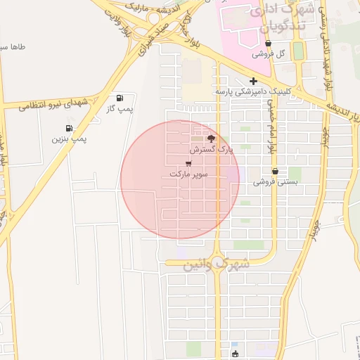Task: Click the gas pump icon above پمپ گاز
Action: [119, 98]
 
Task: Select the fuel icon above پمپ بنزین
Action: [69, 129]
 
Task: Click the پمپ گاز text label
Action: [120, 109]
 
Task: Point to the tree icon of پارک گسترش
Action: [211, 139]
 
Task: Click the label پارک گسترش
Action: [210, 150]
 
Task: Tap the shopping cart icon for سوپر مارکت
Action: [188, 162]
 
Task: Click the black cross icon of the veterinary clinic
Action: [253, 81]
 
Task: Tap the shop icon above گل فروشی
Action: [269, 43]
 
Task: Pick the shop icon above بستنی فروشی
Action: [275, 171]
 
